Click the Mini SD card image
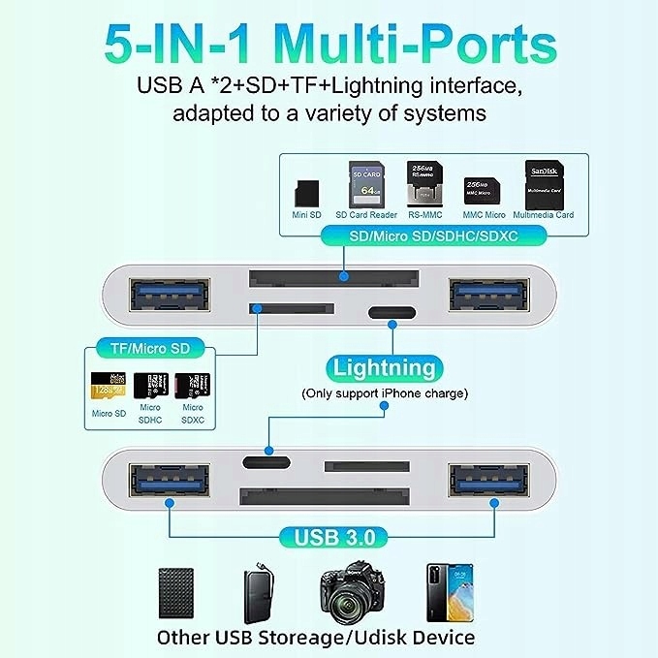[307, 188]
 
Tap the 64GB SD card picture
[361, 183]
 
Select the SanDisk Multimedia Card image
[543, 183]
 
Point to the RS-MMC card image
[420, 183]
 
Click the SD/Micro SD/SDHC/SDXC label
[432, 235]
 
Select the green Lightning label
[384, 368]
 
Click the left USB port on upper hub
[168, 293]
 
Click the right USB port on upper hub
[489, 293]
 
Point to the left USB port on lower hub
[168, 483]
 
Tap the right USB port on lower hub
[489, 483]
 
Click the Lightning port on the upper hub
[392, 313]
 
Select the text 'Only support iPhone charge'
[385, 393]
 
